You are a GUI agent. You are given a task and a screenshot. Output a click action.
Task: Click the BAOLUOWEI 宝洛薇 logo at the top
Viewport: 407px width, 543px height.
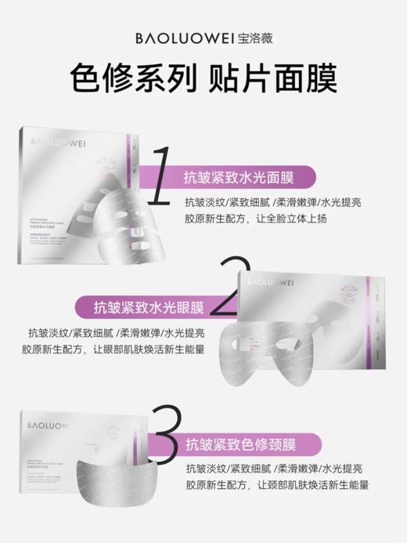[x=203, y=36]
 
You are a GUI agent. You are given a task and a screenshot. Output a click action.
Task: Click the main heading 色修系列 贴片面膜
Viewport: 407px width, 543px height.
[x=203, y=79]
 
